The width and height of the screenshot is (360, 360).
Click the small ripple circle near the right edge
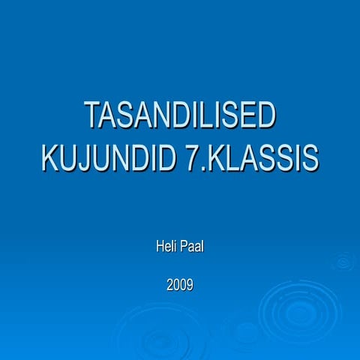point(343,261)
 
